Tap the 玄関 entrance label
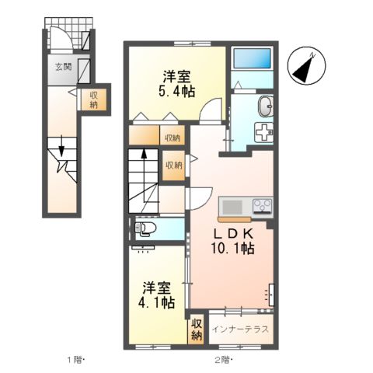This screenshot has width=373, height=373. tap(62, 67)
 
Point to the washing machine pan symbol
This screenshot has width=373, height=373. tap(264, 131)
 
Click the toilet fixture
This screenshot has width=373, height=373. tap(145, 228)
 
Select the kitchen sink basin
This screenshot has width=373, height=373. tap(232, 207)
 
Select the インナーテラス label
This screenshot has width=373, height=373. tap(240, 329)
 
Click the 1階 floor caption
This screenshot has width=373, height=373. tap(74, 359)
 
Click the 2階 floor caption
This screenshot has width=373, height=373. tap(222, 359)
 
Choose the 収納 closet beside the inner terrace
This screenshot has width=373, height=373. tap(197, 329)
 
